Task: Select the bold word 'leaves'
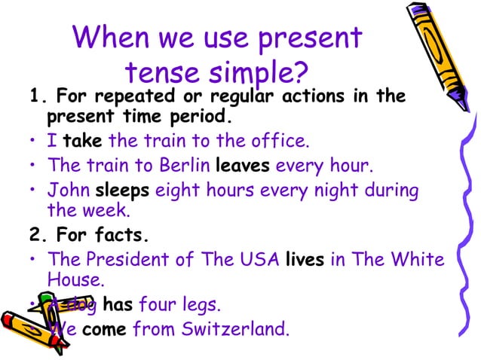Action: (x=243, y=165)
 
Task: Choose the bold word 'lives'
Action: (x=305, y=259)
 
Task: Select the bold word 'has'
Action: (x=117, y=305)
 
